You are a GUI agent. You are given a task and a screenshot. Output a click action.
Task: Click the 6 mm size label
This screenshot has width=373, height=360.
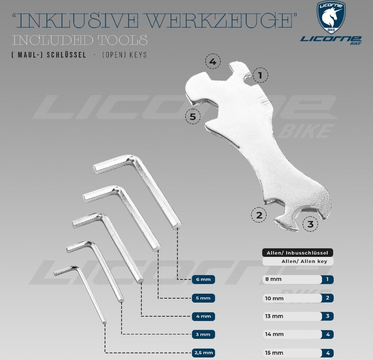(x=203, y=280)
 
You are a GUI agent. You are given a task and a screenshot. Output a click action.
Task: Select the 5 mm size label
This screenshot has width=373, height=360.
(x=203, y=298)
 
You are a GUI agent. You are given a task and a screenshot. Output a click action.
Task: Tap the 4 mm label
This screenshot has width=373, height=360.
(x=203, y=316)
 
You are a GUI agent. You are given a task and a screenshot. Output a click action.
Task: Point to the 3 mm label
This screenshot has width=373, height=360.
(x=203, y=334)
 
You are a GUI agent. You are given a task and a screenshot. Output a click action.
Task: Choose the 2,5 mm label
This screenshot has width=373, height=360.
(x=203, y=353)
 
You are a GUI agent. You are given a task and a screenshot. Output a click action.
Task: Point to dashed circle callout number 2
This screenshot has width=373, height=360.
(x=259, y=215)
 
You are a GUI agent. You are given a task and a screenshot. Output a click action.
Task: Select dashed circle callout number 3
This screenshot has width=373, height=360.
(x=310, y=224)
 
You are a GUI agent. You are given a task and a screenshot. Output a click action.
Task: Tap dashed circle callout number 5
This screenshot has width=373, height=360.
(x=193, y=117)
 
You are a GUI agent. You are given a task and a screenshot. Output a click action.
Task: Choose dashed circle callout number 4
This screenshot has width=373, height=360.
(x=213, y=62)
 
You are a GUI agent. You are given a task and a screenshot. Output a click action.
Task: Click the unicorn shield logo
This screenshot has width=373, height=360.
(x=331, y=17)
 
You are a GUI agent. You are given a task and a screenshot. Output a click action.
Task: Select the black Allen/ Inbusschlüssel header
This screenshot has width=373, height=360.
(x=298, y=252)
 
